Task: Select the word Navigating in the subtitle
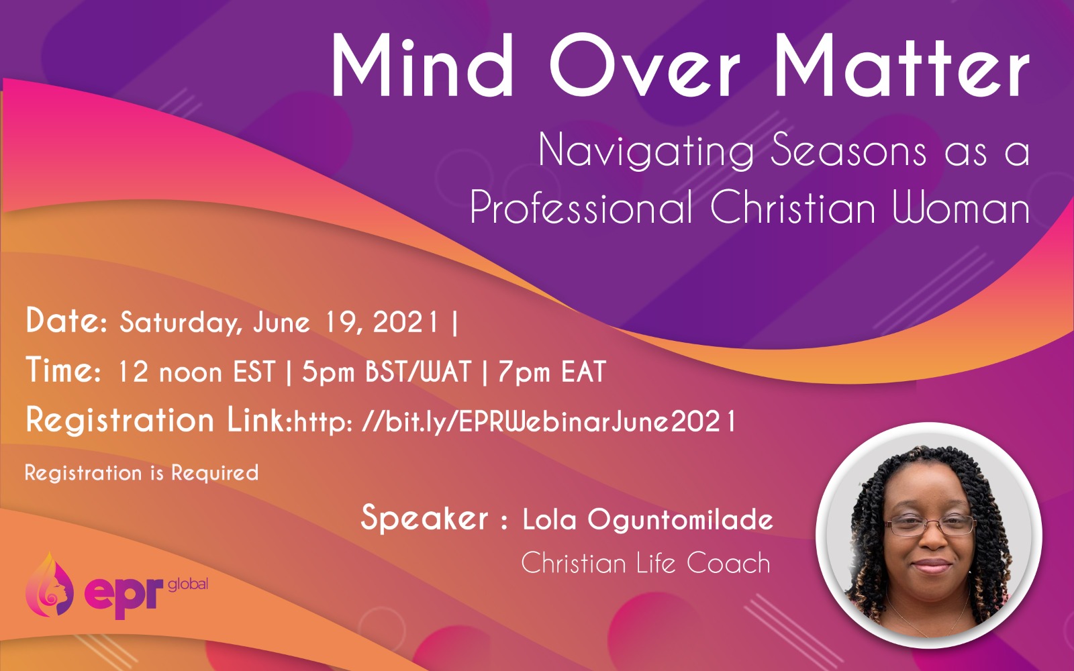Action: point(646,151)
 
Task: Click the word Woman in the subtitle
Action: point(961,208)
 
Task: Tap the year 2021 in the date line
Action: point(405,321)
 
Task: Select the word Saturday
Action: point(178,323)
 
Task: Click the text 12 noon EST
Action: point(197,372)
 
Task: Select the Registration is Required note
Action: point(142,473)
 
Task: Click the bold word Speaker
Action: point(424,519)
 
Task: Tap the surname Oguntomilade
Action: point(681,520)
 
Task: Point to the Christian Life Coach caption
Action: point(646,563)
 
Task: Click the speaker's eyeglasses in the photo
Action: point(930,525)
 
